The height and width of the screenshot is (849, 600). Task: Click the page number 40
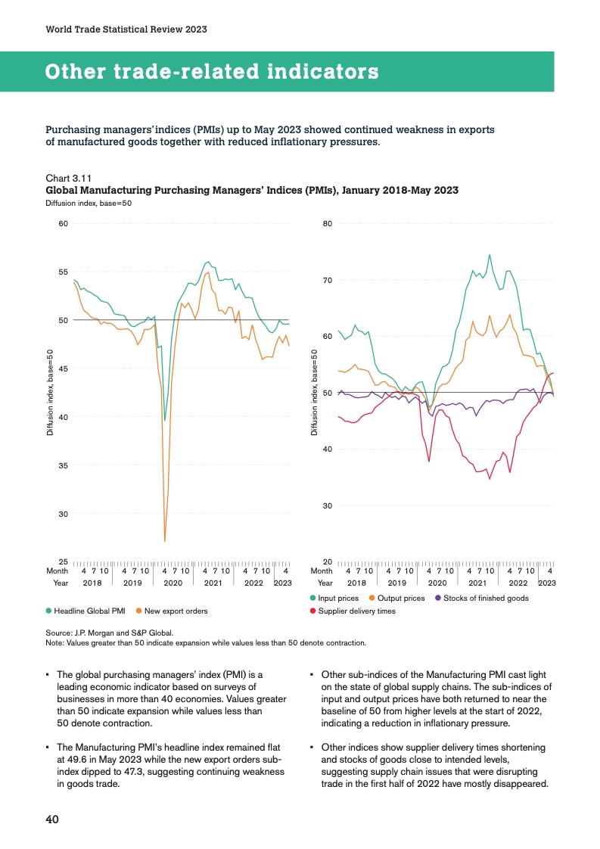52,820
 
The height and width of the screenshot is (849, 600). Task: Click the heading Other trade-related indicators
212,72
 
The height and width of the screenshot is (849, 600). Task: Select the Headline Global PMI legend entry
87,611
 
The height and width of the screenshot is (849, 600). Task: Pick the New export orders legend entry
172,611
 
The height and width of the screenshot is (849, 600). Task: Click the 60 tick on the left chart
64,223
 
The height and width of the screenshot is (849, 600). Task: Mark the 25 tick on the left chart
64,561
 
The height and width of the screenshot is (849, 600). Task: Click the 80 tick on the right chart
328,223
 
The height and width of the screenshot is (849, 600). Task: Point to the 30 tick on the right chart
328,505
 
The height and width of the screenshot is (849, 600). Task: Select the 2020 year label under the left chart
173,583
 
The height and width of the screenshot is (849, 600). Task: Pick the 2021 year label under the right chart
477,583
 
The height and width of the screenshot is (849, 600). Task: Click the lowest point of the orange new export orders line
164,541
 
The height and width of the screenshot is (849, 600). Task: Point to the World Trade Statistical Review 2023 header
126,30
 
